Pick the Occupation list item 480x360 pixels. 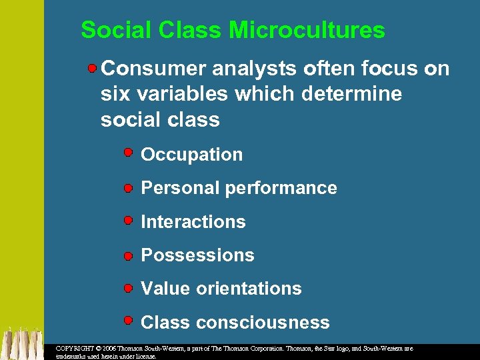pos(192,155)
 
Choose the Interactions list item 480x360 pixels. pos(193,222)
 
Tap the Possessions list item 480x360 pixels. pos(197,255)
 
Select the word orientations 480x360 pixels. pos(249,289)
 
